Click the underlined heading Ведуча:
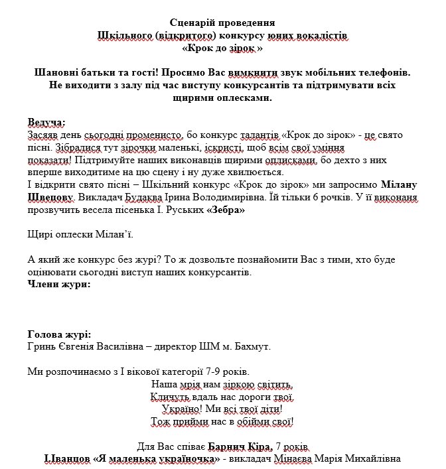click(46, 123)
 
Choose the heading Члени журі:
click(58, 284)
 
